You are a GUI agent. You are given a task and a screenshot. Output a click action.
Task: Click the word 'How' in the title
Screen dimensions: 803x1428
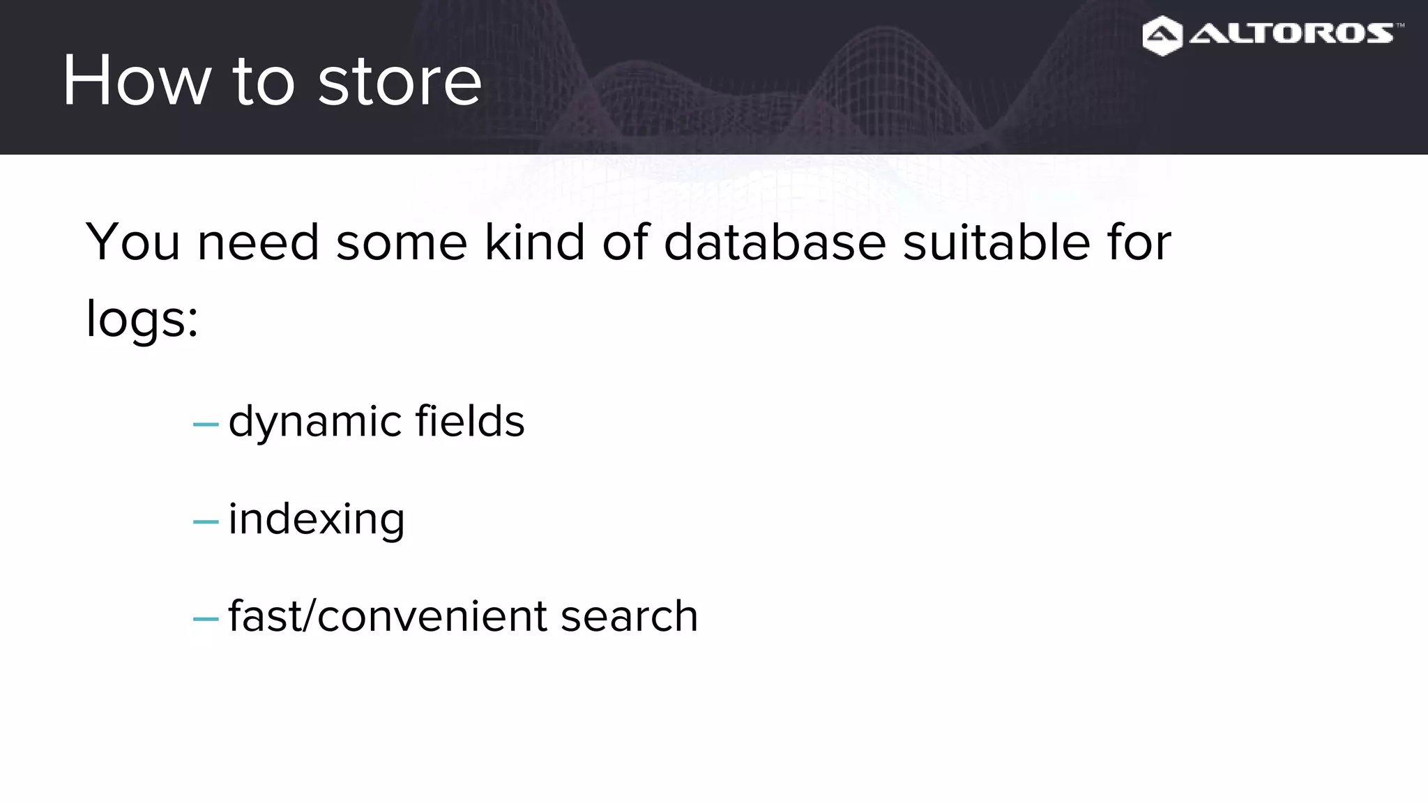(136, 81)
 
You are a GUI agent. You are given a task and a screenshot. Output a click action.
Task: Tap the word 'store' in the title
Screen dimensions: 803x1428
(400, 82)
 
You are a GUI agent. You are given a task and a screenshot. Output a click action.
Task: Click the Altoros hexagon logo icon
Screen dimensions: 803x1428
(1162, 36)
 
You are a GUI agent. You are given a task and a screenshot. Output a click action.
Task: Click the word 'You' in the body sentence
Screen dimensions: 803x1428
(132, 242)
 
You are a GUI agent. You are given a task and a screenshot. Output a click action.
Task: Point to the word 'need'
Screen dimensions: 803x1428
(258, 242)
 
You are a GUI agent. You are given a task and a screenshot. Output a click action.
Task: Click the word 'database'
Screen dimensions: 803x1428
(775, 242)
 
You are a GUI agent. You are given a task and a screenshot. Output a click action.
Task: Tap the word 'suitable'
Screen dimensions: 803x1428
(996, 242)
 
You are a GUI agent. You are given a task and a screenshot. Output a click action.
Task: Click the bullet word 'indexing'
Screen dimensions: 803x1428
(317, 519)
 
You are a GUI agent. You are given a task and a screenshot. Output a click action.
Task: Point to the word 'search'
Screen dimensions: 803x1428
(629, 616)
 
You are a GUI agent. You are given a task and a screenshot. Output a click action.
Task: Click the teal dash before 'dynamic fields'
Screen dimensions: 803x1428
(206, 424)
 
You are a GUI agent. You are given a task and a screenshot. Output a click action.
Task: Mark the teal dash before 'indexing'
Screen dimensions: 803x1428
(206, 521)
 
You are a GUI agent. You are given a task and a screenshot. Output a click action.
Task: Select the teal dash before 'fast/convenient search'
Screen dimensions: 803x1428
(206, 618)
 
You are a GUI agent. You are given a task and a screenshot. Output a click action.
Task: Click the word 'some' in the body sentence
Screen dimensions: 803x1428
(402, 242)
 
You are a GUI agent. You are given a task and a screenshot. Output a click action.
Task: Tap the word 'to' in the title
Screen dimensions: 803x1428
(263, 82)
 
